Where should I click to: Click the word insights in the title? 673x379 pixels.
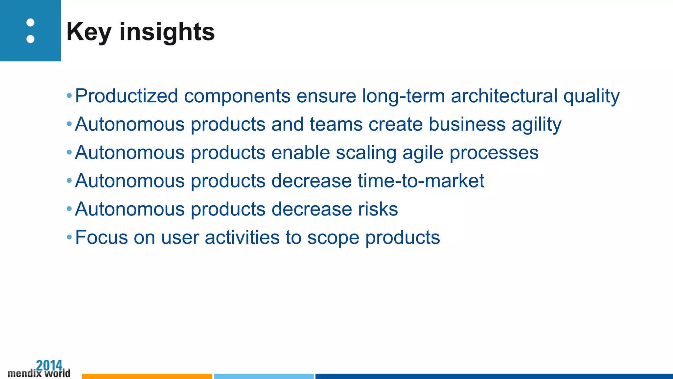pos(167,32)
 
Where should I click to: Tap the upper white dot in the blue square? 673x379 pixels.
pos(30,23)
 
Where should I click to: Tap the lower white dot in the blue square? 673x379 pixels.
pos(30,39)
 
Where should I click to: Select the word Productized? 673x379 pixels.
pos(127,96)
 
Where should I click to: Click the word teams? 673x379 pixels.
pos(336,124)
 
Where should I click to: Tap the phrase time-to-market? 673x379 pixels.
pos(421,181)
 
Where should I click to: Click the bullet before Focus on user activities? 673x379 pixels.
pos(69,237)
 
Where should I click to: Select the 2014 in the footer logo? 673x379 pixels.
pos(49,365)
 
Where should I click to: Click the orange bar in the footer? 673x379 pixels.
pos(147,376)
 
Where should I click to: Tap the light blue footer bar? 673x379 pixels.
pos(264,376)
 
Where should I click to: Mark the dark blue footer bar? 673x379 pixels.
pos(493,376)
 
